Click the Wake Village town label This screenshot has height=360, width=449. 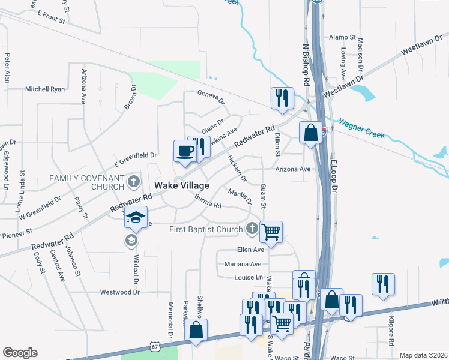pyautogui.click(x=182, y=186)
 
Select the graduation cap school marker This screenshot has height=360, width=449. pyautogui.click(x=136, y=217)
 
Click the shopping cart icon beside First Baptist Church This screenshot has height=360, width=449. pyautogui.click(x=271, y=231)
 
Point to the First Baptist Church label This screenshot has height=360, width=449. pyautogui.click(x=205, y=229)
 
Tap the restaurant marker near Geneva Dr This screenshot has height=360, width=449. pyautogui.click(x=282, y=98)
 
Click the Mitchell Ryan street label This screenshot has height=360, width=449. pyautogui.click(x=44, y=89)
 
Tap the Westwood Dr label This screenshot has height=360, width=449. pyautogui.click(x=119, y=292)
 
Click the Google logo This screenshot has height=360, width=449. pyautogui.click(x=20, y=353)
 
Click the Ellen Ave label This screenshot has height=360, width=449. pyautogui.click(x=250, y=250)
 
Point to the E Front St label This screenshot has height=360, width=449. pyautogui.click(x=50, y=16)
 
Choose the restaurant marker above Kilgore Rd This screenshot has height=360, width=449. pyautogui.click(x=383, y=284)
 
